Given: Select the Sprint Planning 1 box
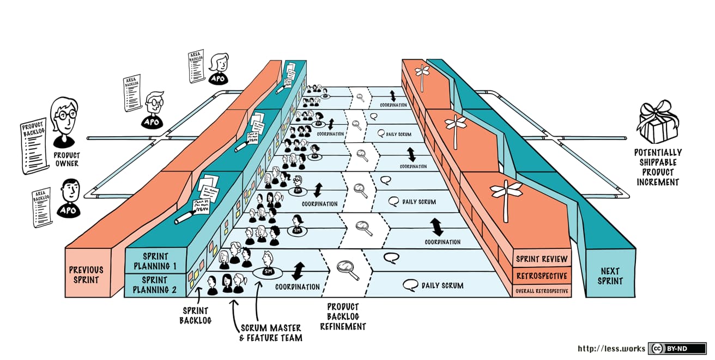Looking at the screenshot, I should tap(155, 261).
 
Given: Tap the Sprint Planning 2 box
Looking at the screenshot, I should tap(155, 285).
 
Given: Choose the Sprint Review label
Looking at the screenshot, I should tap(541, 259).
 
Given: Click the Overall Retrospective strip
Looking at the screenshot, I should tap(541, 291).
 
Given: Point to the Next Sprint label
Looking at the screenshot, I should tap(610, 276).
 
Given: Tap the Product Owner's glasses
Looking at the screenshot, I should tap(65, 115).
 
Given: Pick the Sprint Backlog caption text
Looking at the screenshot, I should tap(195, 315).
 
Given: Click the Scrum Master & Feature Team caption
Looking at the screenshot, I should tap(271, 332).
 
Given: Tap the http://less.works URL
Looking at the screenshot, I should tap(611, 349).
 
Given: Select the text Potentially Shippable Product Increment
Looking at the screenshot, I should tap(657, 167).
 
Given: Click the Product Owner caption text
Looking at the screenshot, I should tap(66, 159).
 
